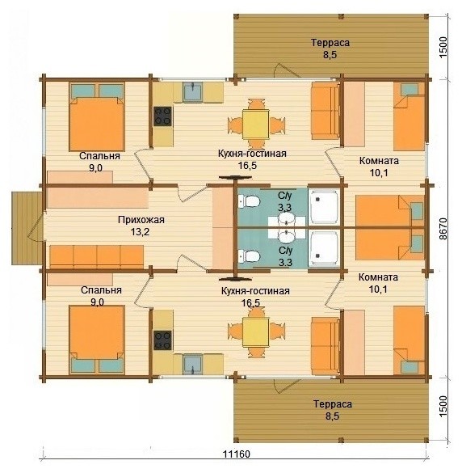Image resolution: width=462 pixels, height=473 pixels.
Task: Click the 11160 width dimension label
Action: click(237, 454)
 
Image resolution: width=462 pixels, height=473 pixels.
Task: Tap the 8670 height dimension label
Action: click(443, 229)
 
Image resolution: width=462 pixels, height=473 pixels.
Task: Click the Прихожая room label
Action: click(141, 220)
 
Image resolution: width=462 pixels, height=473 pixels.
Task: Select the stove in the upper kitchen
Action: click(162, 116)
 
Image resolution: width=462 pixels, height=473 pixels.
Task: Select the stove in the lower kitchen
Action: click(162, 340)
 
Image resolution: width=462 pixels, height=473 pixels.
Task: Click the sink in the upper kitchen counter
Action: click(193, 91)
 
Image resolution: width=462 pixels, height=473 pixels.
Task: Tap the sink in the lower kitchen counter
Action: click(193, 365)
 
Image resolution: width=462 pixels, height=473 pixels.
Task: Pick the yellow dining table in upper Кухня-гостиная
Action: click(256, 125)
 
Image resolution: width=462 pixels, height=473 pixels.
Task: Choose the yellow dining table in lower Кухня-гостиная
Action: click(256, 332)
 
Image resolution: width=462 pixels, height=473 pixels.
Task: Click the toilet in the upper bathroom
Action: click(249, 201)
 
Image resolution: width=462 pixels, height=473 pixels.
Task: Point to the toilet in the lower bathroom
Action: click(249, 256)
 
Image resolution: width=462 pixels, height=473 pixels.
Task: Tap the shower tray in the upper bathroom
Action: click(324, 207)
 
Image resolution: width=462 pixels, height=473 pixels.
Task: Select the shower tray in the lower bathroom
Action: click(324, 248)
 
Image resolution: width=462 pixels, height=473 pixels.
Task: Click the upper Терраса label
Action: click(330, 43)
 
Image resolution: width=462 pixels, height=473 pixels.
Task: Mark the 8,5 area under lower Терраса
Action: click(332, 416)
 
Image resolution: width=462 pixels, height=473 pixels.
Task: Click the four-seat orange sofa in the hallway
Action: click(96, 256)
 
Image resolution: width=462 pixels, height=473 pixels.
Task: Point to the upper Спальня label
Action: click(100, 156)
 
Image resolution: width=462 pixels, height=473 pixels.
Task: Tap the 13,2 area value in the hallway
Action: click(141, 232)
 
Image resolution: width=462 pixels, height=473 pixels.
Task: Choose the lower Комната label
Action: click(378, 277)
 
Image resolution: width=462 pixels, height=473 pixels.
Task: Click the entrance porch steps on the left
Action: click(27, 228)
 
